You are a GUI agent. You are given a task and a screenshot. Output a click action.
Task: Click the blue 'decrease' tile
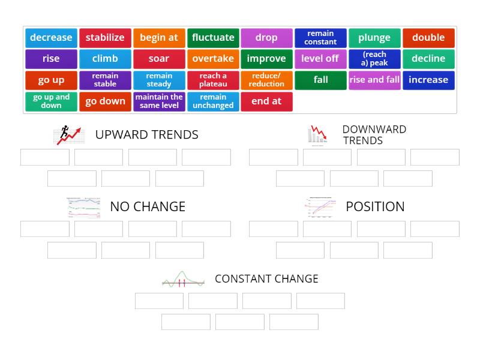[51, 38]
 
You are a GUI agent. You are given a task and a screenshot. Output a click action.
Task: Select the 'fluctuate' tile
[213, 38]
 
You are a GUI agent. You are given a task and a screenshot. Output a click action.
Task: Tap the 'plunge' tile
[374, 38]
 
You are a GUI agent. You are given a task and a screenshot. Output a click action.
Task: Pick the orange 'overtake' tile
[213, 59]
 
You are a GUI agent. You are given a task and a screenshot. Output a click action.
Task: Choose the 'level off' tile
[320, 59]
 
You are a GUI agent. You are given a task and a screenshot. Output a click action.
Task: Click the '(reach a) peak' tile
[374, 59]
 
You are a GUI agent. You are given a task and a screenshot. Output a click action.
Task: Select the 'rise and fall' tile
[374, 80]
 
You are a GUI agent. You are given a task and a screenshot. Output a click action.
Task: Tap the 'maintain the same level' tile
[159, 101]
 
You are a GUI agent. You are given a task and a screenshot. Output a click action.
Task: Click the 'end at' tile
[266, 101]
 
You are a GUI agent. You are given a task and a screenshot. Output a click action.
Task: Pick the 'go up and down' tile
[51, 101]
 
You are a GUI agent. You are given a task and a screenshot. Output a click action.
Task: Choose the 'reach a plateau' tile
[213, 80]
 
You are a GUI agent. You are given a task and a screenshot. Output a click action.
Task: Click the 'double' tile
[428, 38]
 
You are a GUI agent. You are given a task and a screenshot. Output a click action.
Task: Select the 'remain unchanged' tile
[213, 101]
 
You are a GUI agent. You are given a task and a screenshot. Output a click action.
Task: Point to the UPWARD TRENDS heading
[146, 134]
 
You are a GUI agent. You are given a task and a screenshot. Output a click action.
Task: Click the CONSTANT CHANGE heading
[266, 279]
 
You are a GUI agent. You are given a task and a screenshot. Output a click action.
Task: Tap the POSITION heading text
[375, 206]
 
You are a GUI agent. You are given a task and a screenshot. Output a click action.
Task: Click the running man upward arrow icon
[68, 135]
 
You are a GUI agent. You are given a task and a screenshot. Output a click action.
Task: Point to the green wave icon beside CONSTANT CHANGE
[183, 279]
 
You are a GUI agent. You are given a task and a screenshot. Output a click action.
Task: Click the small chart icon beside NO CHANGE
[83, 208]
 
